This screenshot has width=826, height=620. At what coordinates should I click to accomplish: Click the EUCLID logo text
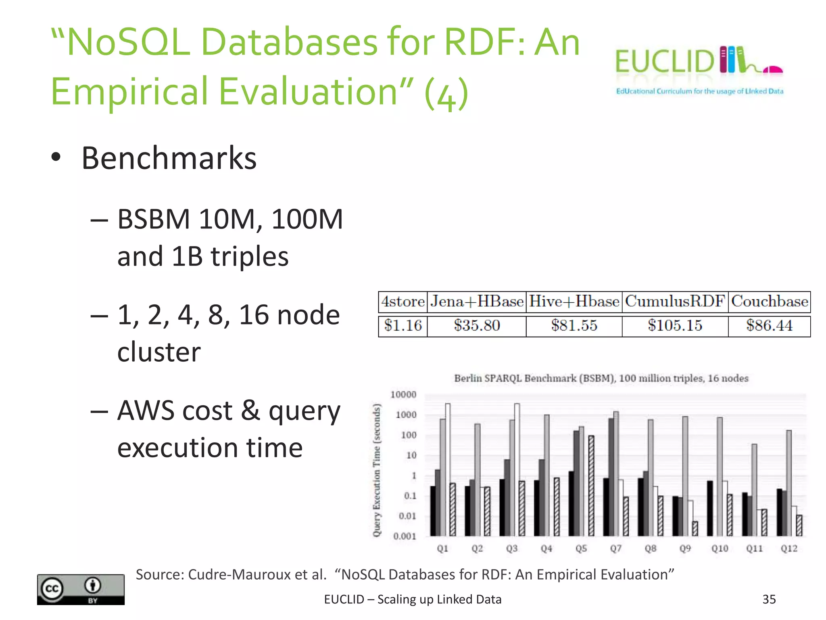[x=665, y=61]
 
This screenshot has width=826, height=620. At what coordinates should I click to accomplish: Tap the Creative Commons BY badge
[x=81, y=589]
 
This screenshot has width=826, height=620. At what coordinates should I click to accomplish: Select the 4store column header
[x=403, y=302]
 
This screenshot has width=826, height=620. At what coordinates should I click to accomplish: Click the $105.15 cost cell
[x=675, y=325]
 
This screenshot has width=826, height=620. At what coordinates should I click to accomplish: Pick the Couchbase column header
[x=770, y=302]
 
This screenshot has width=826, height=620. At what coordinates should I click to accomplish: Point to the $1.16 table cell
[x=403, y=325]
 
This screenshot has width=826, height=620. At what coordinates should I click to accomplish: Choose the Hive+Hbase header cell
[x=574, y=302]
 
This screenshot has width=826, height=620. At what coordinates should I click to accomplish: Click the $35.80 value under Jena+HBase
[x=477, y=325]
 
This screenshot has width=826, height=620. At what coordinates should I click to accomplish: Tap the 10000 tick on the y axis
[x=403, y=394]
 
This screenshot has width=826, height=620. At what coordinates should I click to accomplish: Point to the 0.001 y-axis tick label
[x=405, y=536]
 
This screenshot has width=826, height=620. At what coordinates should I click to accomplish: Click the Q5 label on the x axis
[x=581, y=549]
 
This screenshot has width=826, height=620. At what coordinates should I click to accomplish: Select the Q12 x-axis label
[x=789, y=549]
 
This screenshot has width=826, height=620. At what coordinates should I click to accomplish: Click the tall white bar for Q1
[x=448, y=468]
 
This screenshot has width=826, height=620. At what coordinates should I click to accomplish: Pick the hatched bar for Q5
[x=591, y=484]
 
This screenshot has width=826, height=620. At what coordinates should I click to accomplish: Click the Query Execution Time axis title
[x=377, y=470]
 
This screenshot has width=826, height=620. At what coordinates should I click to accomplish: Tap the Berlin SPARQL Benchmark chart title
[x=601, y=378]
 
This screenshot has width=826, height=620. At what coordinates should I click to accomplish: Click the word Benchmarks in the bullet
[x=169, y=158]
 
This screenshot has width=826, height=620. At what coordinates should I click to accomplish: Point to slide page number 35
[x=769, y=599]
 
